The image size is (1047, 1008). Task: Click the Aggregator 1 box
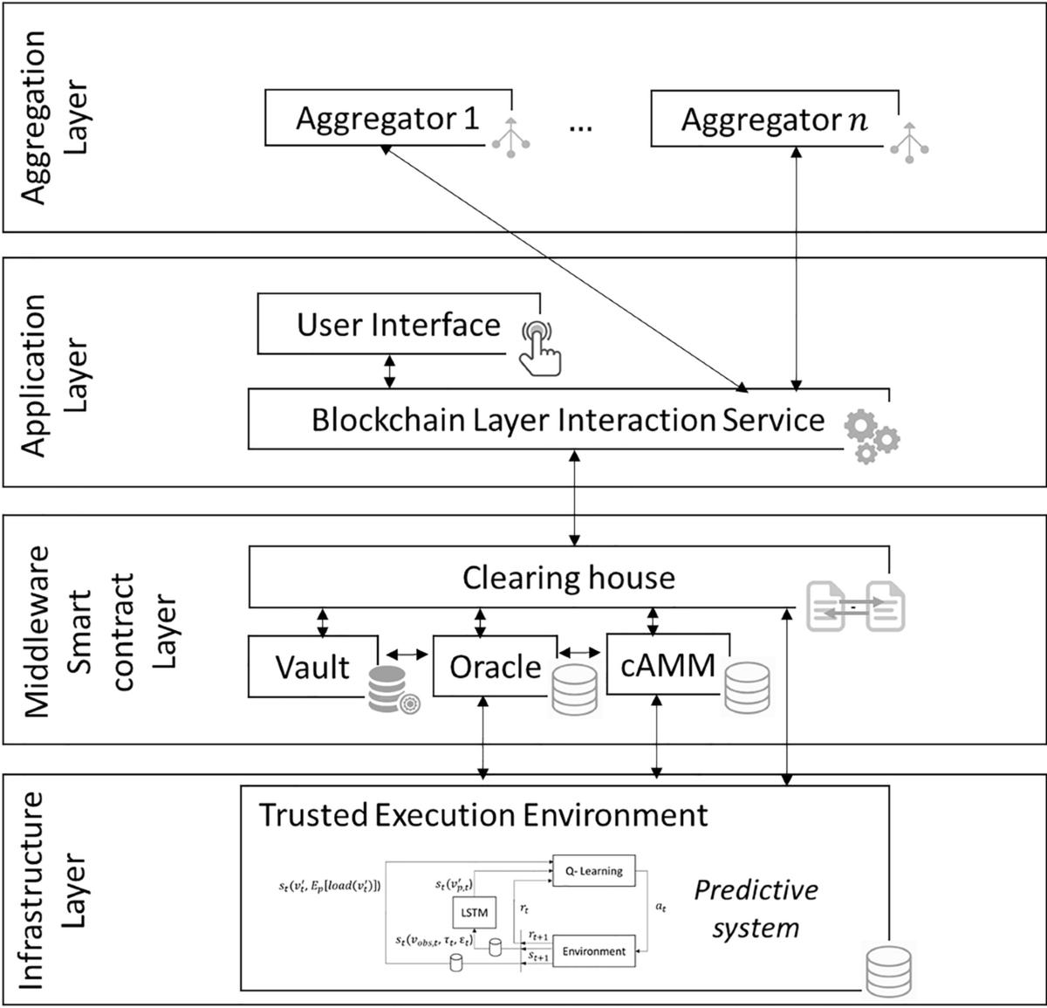click(387, 119)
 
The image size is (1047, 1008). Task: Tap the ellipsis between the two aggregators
click(580, 127)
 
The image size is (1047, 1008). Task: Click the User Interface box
click(398, 326)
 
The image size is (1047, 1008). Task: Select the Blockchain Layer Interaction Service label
click(568, 420)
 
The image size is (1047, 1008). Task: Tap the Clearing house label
click(568, 578)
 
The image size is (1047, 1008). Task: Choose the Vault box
click(312, 668)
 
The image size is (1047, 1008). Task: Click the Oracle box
click(495, 668)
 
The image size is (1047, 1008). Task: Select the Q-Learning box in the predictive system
click(593, 870)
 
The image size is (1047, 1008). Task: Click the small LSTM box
click(473, 913)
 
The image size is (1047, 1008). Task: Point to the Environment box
click(593, 951)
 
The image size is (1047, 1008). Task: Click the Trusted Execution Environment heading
click(483, 814)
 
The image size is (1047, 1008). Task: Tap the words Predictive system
click(756, 909)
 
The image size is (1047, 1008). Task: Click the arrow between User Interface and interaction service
click(390, 371)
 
